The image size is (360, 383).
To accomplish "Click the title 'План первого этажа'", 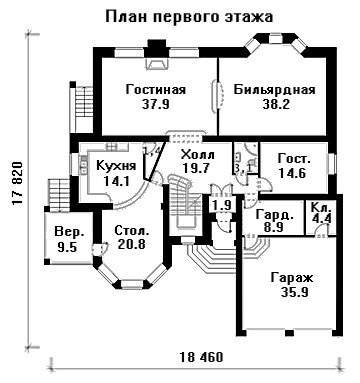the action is [x=189, y=16].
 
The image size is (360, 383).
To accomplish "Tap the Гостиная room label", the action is [x=156, y=90].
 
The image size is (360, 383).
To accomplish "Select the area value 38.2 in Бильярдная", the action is [x=276, y=104].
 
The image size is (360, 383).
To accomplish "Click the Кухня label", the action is [x=116, y=166].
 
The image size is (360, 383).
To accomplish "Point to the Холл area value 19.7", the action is [x=197, y=168].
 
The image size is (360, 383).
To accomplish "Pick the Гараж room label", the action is [x=292, y=278].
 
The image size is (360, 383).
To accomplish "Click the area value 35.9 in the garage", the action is [x=294, y=292].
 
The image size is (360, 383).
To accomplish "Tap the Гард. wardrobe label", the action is [x=275, y=215].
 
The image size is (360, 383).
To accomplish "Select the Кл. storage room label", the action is [x=321, y=207].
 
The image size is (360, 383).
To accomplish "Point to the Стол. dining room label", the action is [x=132, y=230].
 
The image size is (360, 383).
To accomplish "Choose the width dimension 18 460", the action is [x=201, y=357].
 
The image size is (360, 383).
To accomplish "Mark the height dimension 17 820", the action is [x=17, y=184].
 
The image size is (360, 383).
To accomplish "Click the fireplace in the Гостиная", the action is [x=156, y=63].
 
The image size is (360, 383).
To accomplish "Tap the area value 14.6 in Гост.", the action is [x=293, y=173].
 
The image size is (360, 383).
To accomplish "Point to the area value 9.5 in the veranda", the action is [x=67, y=247].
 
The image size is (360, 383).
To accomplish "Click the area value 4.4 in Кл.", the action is [x=321, y=219].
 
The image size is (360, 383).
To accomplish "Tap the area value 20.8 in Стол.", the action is [x=132, y=245].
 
